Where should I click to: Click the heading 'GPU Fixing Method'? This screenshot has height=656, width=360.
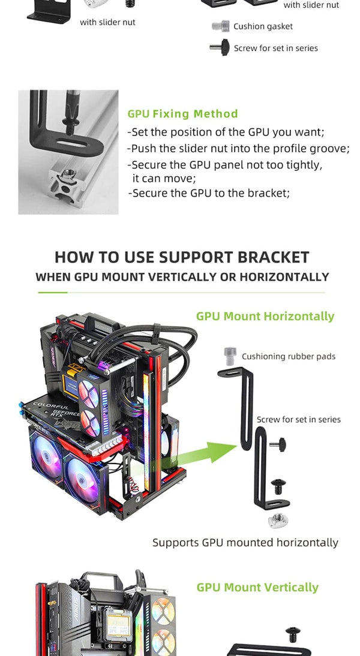coord(182,114)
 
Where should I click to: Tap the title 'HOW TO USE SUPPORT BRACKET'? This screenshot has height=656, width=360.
coord(182,257)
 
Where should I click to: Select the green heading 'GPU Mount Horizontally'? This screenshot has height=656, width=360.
coord(265,316)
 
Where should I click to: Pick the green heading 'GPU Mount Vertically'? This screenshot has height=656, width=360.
coord(257,587)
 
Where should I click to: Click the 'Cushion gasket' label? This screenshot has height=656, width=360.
coord(263,26)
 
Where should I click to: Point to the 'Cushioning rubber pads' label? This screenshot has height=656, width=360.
coord(289,356)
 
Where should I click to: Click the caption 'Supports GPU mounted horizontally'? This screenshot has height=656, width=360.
coord(245,543)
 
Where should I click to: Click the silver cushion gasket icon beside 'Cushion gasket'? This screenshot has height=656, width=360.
coord(221,26)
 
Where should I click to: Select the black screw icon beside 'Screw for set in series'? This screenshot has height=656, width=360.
coord(220,48)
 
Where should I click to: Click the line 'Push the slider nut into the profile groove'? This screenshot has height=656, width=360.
coord(238,149)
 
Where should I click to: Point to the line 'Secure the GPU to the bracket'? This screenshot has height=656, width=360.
coord(209,193)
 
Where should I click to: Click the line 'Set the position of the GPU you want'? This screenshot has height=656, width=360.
coord(226,133)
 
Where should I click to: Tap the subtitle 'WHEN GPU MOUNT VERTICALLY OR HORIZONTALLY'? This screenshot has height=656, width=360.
coord(182,277)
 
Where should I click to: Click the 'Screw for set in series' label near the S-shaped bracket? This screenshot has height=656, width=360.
coord(298,420)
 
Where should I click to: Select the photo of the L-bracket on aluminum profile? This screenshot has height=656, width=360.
coord(68,152)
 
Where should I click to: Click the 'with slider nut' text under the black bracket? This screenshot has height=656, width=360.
coord(108,22)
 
